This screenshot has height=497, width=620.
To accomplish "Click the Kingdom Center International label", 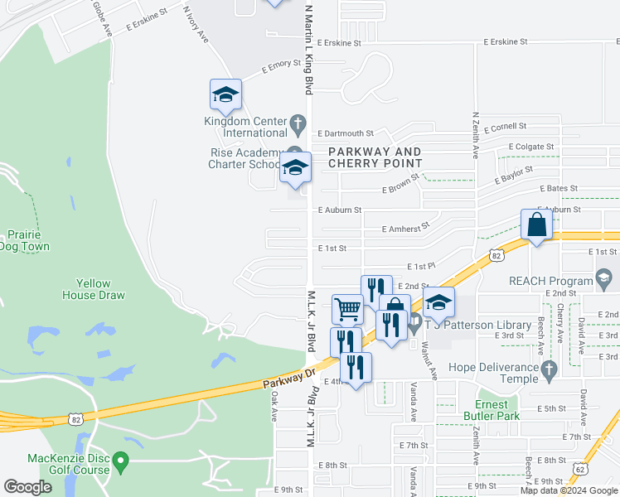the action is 245,127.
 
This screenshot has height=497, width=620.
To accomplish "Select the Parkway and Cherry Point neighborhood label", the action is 375,157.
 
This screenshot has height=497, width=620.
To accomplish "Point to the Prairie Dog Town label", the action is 25,240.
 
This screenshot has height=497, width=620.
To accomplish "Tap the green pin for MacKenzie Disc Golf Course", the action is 122,459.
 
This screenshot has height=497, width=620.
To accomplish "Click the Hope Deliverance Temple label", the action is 493,373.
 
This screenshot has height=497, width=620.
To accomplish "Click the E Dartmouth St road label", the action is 346,133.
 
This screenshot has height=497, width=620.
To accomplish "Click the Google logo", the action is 27,487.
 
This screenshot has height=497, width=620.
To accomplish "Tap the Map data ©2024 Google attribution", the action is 569,490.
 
